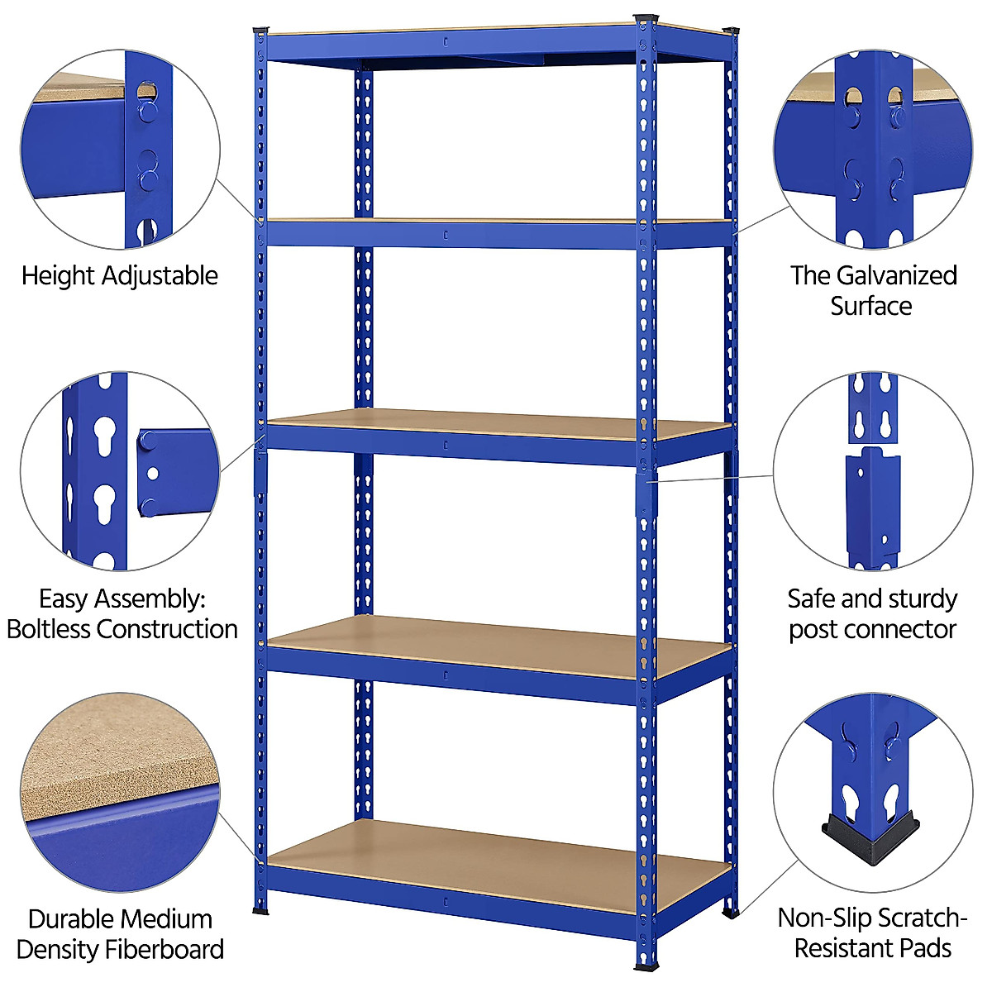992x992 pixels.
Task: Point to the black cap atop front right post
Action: tap(645, 18)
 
